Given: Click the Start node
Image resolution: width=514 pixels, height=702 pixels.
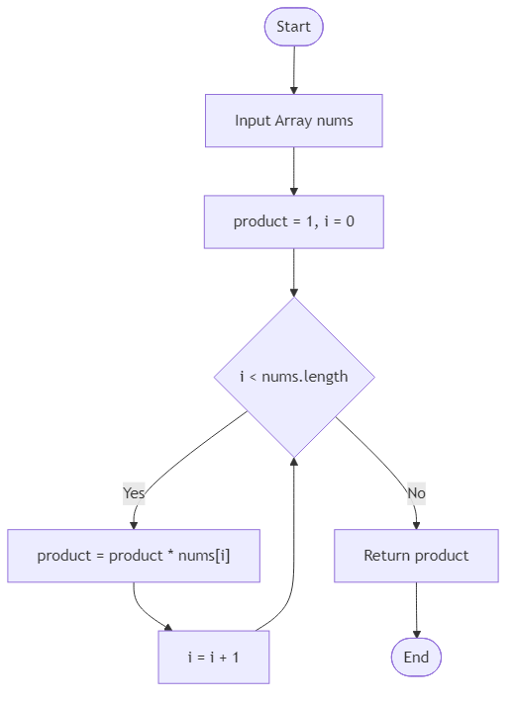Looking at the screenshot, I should [293, 27].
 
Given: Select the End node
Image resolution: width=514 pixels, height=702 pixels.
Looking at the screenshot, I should [416, 657].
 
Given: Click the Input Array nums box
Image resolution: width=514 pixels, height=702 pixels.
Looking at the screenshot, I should [293, 121].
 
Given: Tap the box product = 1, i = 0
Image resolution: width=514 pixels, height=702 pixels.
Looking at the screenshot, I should [293, 221].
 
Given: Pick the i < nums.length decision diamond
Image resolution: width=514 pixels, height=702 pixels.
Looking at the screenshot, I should [293, 377].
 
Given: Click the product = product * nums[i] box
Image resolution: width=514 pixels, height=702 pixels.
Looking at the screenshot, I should [134, 556].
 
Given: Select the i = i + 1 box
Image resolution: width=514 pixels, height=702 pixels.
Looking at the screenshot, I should [213, 657].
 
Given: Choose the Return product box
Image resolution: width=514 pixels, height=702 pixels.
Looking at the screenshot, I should [416, 556].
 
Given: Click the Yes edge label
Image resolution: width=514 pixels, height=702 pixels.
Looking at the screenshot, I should [134, 492].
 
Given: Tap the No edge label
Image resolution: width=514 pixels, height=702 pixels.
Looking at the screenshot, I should [416, 492].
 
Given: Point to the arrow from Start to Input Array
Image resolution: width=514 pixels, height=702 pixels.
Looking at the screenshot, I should [293, 69].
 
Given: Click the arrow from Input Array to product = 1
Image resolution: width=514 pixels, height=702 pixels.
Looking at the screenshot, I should [293, 171].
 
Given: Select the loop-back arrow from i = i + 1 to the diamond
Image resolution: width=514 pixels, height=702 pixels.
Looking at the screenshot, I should [292, 554].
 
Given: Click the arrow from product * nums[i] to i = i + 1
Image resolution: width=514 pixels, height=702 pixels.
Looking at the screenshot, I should [144, 608].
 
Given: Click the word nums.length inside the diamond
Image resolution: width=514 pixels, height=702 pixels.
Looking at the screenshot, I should [305, 377].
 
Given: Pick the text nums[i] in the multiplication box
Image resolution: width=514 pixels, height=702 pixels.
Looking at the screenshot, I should [208, 556].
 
